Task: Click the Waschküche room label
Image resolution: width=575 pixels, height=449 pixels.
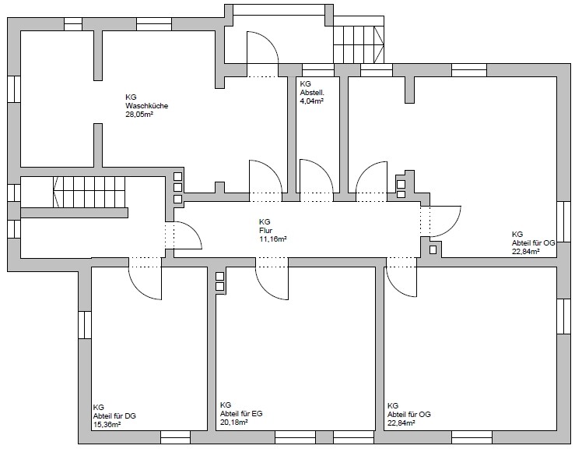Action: tap(147, 106)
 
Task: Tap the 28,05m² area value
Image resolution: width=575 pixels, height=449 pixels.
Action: tap(139, 115)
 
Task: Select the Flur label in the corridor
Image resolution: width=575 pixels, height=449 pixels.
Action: tap(265, 231)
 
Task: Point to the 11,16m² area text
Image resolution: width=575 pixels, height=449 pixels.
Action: tap(273, 239)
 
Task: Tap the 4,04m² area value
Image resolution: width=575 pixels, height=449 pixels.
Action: tap(312, 101)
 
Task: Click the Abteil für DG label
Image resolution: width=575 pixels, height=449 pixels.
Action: tap(114, 416)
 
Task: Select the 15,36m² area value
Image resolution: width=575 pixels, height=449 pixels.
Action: tap(107, 425)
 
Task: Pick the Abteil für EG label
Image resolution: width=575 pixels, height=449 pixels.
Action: tap(241, 414)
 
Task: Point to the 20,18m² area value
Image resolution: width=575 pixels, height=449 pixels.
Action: tap(234, 422)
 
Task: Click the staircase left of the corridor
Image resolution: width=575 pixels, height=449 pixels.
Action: tap(89, 193)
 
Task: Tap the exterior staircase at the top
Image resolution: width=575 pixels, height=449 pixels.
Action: tap(358, 44)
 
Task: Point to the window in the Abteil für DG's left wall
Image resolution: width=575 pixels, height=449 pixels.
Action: tap(84, 325)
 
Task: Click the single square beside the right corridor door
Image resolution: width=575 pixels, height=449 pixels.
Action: tap(433, 250)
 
